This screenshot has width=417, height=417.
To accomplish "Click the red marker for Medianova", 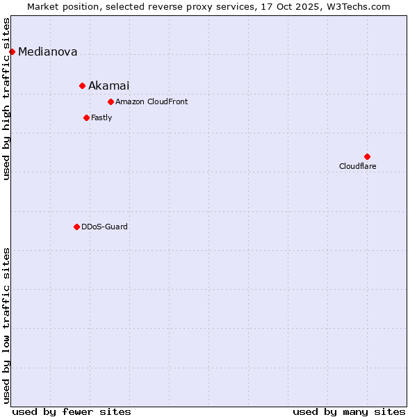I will pyautogui.click(x=12, y=51).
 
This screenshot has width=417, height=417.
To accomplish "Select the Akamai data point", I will pyautogui.click(x=82, y=85).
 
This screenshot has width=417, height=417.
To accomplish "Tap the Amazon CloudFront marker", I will pyautogui.click(x=111, y=102).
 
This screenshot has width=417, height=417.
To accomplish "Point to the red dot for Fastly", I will pyautogui.click(x=86, y=117).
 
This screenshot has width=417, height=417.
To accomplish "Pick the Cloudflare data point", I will pyautogui.click(x=367, y=156).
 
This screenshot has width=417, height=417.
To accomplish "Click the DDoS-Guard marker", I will pyautogui.click(x=76, y=227).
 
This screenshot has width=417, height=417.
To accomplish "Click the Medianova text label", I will pyautogui.click(x=47, y=51).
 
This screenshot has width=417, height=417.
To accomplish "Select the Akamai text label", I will pyautogui.click(x=108, y=85).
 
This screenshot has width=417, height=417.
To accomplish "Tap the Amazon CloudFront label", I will pyautogui.click(x=152, y=102).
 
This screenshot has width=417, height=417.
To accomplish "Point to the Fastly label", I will pyautogui.click(x=101, y=117).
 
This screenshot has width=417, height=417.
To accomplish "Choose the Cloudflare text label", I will pyautogui.click(x=357, y=166).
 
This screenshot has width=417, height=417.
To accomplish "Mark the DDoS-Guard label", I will pyautogui.click(x=104, y=227).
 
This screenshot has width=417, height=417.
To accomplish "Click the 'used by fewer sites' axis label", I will pyautogui.click(x=72, y=411).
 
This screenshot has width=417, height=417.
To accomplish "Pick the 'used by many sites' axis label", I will pyautogui.click(x=349, y=411).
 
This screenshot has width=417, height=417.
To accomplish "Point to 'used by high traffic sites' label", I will pyautogui.click(x=6, y=99).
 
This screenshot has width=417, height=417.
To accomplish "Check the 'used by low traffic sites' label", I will pyautogui.click(x=6, y=325).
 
